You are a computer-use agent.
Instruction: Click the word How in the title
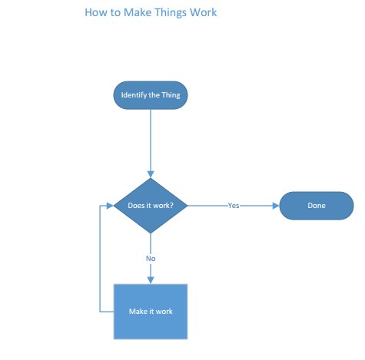[96, 13]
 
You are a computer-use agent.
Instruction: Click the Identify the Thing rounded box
[150, 96]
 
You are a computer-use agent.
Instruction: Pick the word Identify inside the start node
[134, 96]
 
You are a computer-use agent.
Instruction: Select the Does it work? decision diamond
[151, 206]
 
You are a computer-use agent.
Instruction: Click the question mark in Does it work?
[171, 206]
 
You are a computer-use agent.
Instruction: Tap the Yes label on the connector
[233, 206]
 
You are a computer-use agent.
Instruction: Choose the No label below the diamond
[151, 259]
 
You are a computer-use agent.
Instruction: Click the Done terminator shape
[316, 206]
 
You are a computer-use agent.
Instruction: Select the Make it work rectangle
[151, 311]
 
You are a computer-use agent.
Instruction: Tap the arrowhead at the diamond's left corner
[110, 206]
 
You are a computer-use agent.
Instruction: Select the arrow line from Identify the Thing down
[151, 142]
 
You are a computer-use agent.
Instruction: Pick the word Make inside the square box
[137, 311]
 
